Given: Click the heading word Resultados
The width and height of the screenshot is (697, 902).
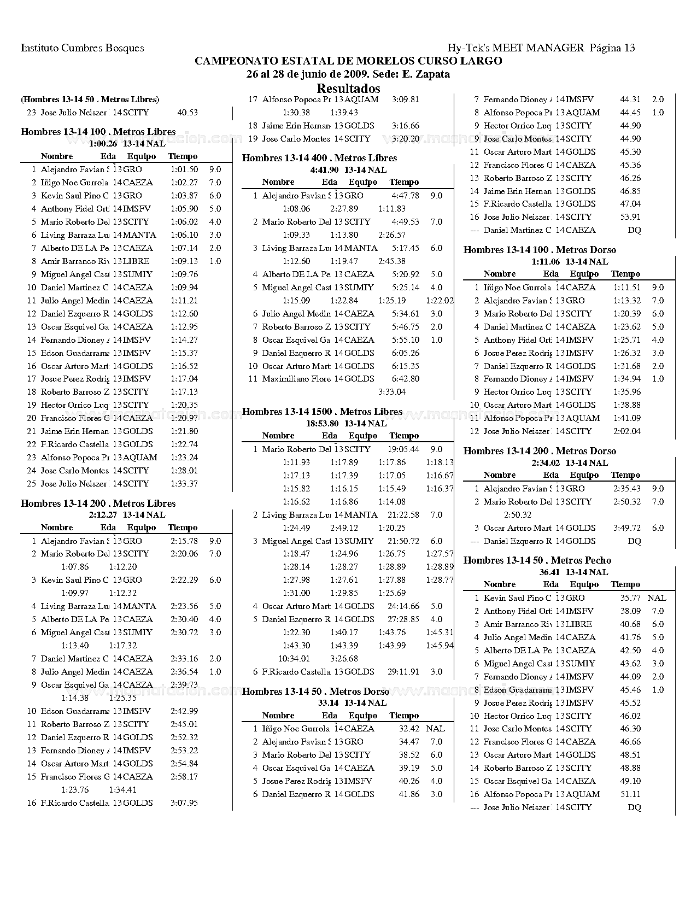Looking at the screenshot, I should [348, 88].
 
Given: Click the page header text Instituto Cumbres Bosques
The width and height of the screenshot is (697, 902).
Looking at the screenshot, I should [83, 48].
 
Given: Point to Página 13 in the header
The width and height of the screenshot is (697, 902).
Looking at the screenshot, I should [612, 48].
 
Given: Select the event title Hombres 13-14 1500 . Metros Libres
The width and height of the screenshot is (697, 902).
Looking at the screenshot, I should [322, 412].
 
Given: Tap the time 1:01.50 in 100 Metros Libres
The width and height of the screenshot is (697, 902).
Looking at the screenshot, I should [184, 169].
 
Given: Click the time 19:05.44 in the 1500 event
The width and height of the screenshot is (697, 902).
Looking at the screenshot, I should [403, 449].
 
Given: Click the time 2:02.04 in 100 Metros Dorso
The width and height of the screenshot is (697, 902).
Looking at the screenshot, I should [626, 431].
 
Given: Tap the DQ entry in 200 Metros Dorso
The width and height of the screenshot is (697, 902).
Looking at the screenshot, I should [634, 541].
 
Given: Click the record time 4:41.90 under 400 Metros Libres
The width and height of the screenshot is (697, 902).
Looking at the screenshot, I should [324, 170].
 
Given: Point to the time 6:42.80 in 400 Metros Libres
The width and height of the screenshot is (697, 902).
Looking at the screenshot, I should [406, 379].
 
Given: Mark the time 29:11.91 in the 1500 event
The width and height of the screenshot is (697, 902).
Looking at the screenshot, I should [403, 672].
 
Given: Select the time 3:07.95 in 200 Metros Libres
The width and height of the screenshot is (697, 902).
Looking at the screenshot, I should [184, 803].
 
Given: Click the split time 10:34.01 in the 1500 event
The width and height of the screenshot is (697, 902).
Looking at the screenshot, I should [294, 659].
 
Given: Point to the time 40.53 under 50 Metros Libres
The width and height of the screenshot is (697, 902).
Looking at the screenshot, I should [188, 113].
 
